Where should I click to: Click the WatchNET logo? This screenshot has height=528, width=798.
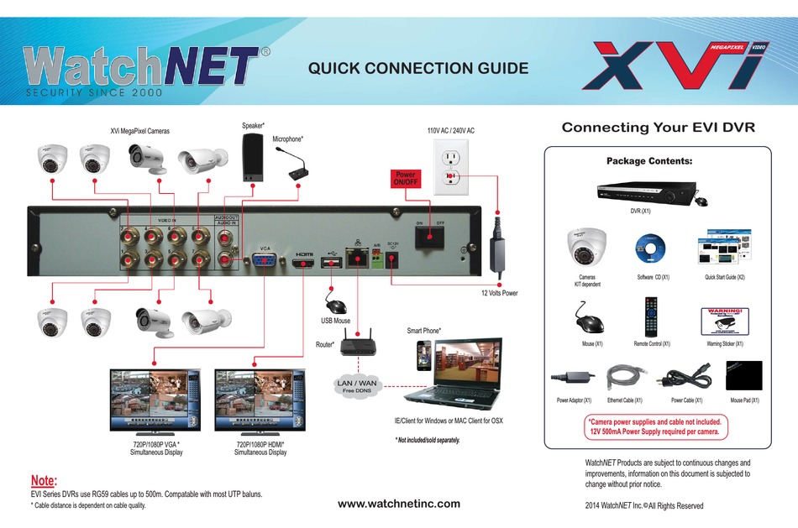pyautogui.click(x=141, y=66)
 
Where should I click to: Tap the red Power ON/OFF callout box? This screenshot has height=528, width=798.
pyautogui.click(x=405, y=178)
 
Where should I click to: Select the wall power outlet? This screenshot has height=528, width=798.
pyautogui.click(x=452, y=170)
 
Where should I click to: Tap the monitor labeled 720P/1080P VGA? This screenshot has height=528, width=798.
pyautogui.click(x=156, y=400)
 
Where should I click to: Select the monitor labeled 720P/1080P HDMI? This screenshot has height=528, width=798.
pyautogui.click(x=260, y=400)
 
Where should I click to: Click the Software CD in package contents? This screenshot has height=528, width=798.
pyautogui.click(x=652, y=248)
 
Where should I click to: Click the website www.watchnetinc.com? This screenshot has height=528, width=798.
pyautogui.click(x=398, y=504)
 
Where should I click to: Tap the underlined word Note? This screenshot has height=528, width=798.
pyautogui.click(x=44, y=481)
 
